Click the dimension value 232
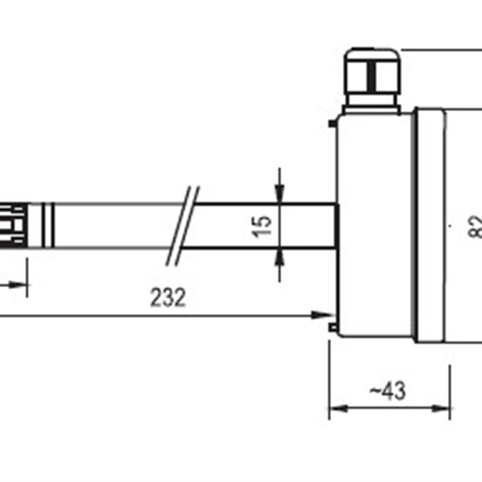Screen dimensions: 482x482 click(168, 298)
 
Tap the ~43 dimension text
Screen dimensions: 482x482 click(387, 391)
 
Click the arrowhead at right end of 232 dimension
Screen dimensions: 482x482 click(327, 315)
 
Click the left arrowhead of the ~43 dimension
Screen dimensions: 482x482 click(335, 408)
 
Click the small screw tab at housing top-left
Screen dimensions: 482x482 click(333, 125)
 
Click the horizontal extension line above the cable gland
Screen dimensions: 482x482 click(440, 49)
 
